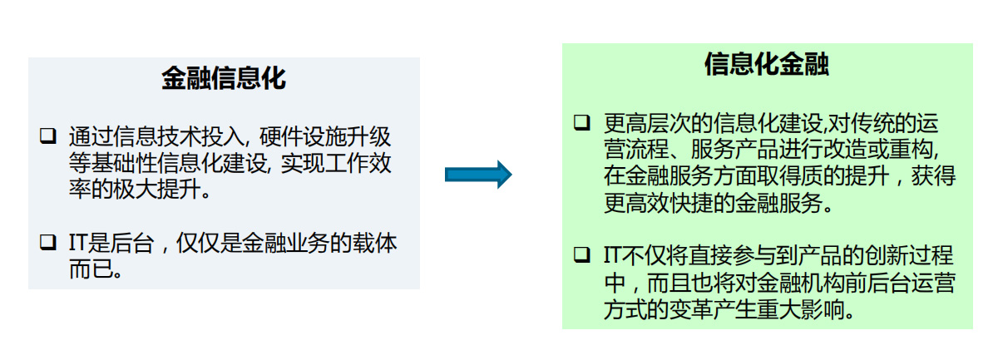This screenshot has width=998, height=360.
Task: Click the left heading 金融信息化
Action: pos(224,78)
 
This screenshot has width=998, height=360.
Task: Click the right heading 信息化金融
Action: pos(766,64)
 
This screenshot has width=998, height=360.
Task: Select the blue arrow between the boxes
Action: pos(477,174)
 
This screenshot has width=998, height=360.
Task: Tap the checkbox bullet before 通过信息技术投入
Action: pos(48,134)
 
